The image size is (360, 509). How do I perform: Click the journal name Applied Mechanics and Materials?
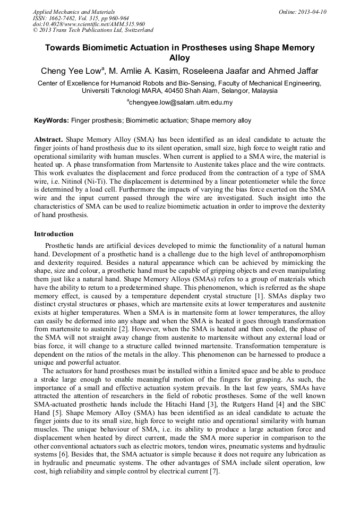74,12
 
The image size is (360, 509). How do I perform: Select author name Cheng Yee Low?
65,71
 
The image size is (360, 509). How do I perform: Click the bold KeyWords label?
52,120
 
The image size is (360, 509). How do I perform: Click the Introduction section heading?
54,234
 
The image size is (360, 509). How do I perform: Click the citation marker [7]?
214,471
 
